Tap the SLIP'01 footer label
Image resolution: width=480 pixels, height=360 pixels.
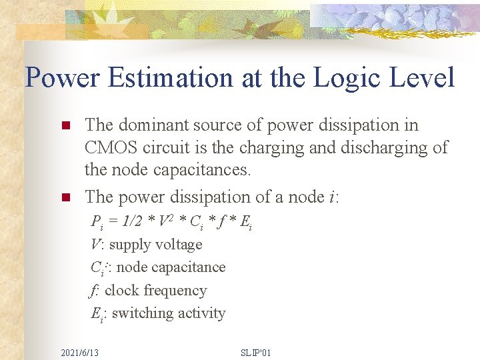[255, 352]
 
